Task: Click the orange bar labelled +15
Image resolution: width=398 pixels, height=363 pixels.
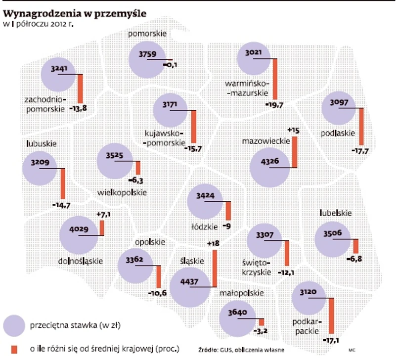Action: coord(295,152)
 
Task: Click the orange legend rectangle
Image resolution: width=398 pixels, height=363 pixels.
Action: coord(14,349)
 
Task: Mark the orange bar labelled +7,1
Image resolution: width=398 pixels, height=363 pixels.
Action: coord(102,228)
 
